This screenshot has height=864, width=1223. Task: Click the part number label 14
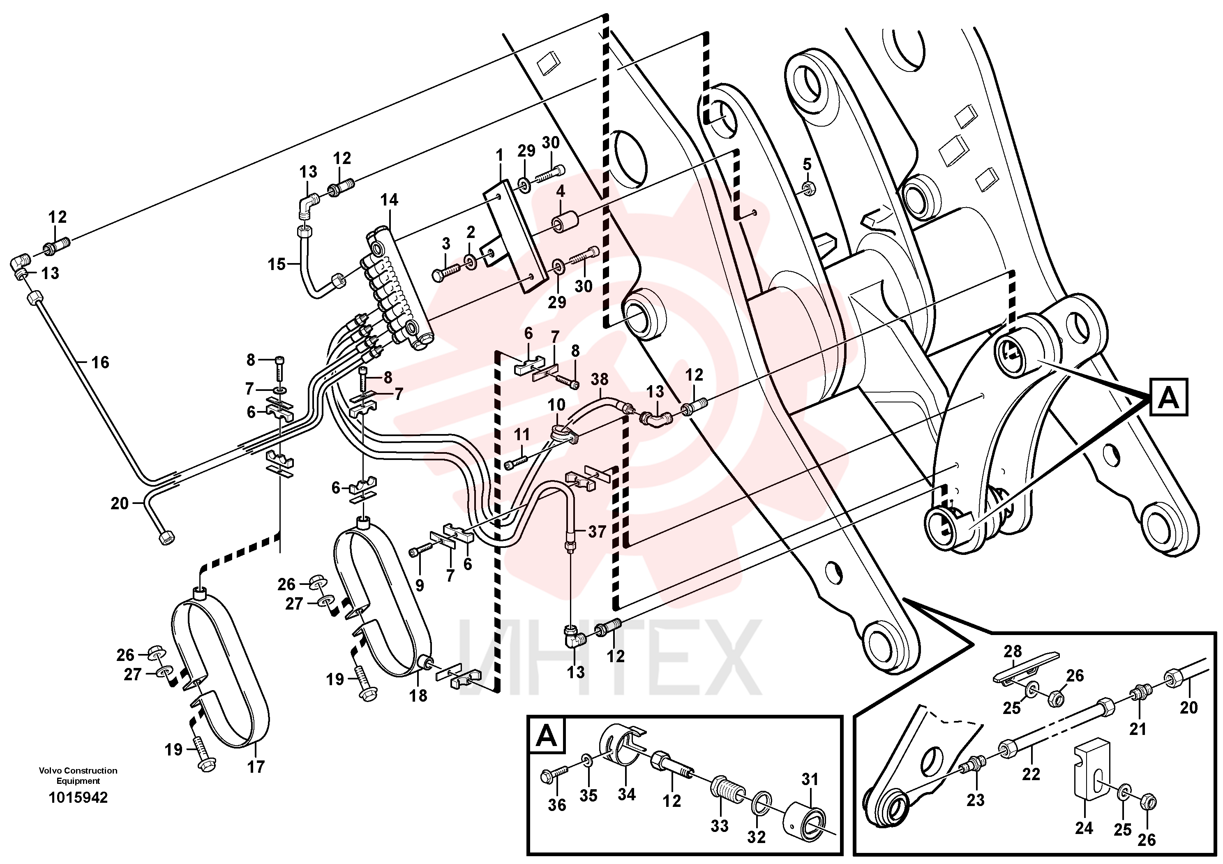coord(389,200)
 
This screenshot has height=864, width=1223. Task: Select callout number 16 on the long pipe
coord(100,363)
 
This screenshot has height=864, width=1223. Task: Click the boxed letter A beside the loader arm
coord(1169,397)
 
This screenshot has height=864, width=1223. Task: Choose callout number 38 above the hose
coord(599,380)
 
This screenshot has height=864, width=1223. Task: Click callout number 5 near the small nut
coord(807,164)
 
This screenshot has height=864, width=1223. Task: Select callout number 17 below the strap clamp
coord(256,767)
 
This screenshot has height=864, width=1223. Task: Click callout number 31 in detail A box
coord(810,780)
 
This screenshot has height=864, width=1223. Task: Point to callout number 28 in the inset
coord(1013,651)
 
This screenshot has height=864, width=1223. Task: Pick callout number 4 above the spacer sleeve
coord(561,191)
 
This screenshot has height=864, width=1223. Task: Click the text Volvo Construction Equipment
coord(78,776)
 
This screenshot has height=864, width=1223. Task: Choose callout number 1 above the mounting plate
coord(499,156)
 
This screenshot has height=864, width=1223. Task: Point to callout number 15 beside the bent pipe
coord(277,264)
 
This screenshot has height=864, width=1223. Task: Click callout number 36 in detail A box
coord(557,805)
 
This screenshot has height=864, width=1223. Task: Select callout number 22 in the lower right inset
coord(1031,774)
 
